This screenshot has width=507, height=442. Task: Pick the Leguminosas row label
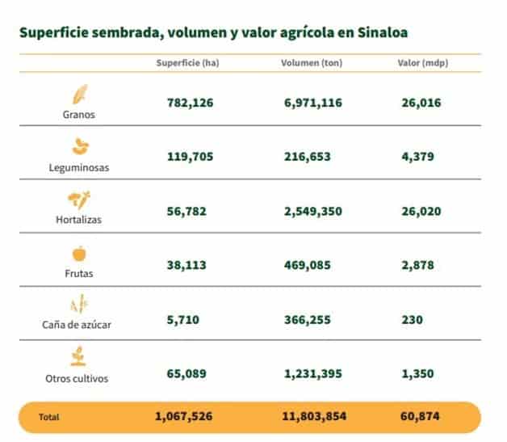tap(78, 168)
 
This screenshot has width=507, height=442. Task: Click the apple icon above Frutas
tap(80, 254)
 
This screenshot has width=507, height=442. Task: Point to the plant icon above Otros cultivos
tap(80, 357)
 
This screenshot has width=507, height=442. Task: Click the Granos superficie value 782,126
tap(185, 103)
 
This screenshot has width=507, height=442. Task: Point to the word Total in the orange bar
tap(48, 418)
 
